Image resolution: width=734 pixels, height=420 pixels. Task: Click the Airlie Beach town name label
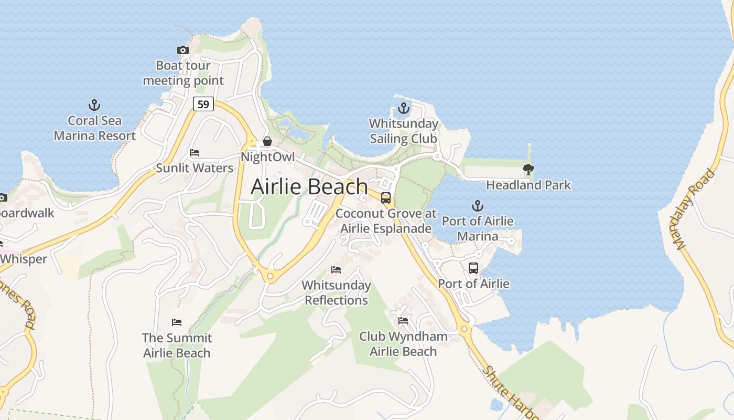click(309, 187)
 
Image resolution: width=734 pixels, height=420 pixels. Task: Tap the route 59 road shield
click(203, 104)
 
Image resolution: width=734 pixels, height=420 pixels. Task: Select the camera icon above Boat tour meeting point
click(183, 50)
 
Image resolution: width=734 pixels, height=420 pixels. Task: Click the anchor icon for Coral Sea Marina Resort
click(94, 105)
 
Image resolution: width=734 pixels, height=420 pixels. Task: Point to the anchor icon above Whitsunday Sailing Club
click(403, 109)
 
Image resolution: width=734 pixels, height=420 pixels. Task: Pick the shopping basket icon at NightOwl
click(267, 141)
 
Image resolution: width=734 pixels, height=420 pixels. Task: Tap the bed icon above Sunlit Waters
click(195, 153)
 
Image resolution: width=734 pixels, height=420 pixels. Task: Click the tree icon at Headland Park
click(528, 170)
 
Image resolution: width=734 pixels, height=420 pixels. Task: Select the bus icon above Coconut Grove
click(386, 198)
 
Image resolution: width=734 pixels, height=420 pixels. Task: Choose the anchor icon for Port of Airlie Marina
click(477, 205)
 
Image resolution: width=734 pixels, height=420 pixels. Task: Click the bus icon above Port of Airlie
click(473, 268)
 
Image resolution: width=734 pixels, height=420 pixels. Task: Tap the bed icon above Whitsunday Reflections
click(336, 270)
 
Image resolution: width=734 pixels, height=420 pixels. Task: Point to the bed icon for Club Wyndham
click(403, 321)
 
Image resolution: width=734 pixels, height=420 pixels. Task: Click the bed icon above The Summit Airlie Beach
click(177, 322)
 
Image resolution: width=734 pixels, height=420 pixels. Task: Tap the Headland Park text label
click(528, 185)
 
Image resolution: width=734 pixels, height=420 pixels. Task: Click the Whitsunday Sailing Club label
click(403, 131)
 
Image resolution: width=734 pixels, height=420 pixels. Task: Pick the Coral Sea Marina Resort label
click(94, 128)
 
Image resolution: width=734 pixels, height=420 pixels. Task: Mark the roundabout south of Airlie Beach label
click(270, 276)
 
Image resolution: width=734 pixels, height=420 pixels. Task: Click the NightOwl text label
click(267, 157)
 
